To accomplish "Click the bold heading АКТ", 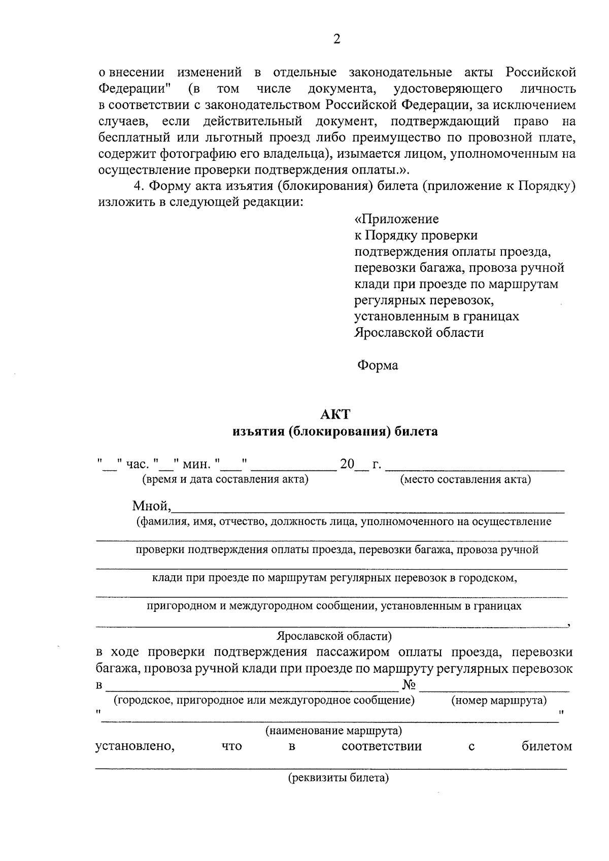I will click(335, 415).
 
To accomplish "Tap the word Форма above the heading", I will click(378, 365).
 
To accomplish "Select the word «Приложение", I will click(396, 219).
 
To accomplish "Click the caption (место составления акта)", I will click(465, 479).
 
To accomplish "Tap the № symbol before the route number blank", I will click(409, 685).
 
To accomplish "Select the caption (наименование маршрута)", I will click(333, 731).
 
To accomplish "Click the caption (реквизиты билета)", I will click(339, 778).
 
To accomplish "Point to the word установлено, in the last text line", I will click(135, 746).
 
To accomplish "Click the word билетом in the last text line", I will click(547, 746).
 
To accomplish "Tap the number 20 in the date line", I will click(347, 464).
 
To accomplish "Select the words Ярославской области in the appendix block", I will click(419, 333).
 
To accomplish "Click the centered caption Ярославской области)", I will click(334, 636).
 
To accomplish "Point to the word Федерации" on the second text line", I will click(134, 89).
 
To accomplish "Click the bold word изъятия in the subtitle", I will click(257, 432).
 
